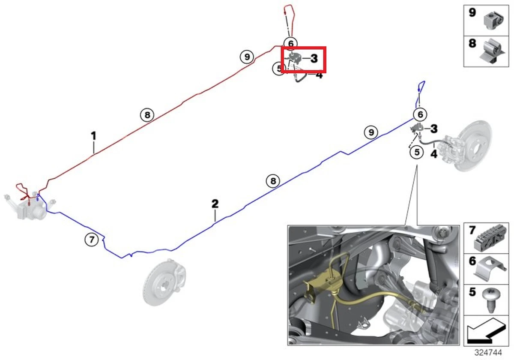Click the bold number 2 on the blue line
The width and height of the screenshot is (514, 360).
point(215,204)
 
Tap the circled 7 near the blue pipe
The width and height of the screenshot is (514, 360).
point(91,240)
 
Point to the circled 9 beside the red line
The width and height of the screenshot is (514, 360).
point(247,57)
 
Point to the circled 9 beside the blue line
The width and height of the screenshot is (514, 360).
point(371,132)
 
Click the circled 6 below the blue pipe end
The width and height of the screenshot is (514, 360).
point(420,114)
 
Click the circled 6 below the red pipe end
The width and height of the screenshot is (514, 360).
point(290,43)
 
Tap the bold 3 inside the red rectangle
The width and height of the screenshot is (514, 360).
point(314,59)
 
